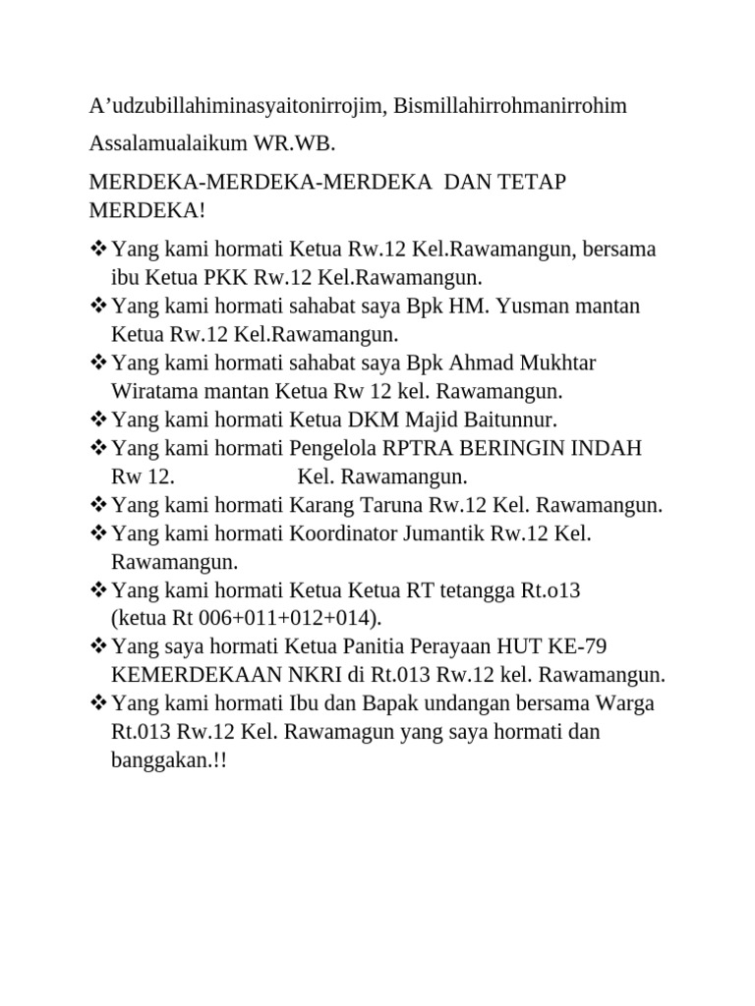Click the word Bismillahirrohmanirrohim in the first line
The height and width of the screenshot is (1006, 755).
tap(510, 106)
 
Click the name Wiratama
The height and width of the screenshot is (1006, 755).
tap(159, 391)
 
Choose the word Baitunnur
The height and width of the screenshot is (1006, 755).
tap(507, 419)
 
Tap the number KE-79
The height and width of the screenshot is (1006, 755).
tap(585, 647)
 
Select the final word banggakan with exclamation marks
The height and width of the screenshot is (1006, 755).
tap(168, 762)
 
